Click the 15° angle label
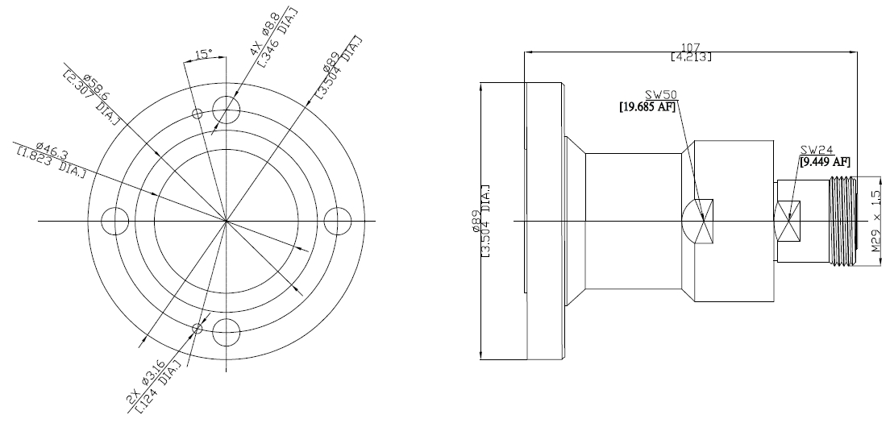click(x=203, y=55)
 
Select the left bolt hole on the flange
click(x=115, y=221)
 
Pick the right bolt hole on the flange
click(x=338, y=221)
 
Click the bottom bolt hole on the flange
click(x=227, y=332)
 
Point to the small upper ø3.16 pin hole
click(x=197, y=114)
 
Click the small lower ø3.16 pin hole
click(x=198, y=328)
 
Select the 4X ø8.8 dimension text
click(x=265, y=34)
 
